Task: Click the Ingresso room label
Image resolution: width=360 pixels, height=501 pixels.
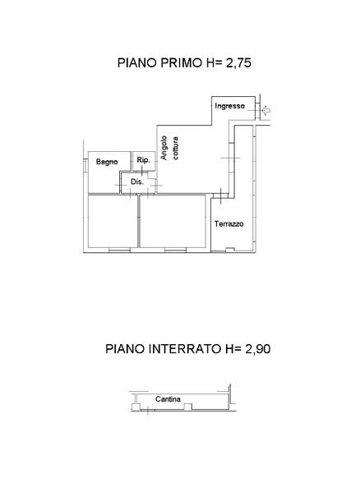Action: click(229, 106)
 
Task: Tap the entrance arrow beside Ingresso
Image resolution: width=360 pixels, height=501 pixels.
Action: click(266, 111)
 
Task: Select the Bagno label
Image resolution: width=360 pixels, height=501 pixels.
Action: click(107, 162)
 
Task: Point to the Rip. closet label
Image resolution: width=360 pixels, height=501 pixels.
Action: click(143, 160)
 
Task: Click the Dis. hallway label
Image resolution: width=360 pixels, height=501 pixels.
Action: click(137, 182)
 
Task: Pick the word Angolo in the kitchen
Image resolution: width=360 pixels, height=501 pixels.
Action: click(164, 148)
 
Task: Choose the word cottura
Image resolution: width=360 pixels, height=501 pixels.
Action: click(175, 148)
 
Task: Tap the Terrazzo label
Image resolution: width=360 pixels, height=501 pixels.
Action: click(229, 224)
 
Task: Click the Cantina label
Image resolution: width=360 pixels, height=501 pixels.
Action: click(168, 399)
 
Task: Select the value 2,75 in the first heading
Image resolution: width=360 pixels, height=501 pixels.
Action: click(238, 62)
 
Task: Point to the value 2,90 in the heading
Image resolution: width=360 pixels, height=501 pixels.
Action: click(258, 348)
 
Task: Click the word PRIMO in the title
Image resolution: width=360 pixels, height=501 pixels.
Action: click(181, 62)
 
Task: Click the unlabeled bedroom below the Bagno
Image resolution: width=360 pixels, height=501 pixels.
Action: click(113, 221)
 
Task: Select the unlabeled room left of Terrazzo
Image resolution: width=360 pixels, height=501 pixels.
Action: click(173, 221)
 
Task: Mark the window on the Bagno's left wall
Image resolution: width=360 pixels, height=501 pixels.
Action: click(85, 166)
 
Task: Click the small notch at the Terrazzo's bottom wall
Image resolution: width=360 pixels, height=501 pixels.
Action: click(230, 250)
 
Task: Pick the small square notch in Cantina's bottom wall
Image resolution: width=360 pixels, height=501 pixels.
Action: click(188, 407)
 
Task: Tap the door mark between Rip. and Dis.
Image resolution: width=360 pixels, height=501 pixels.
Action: click(142, 172)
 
